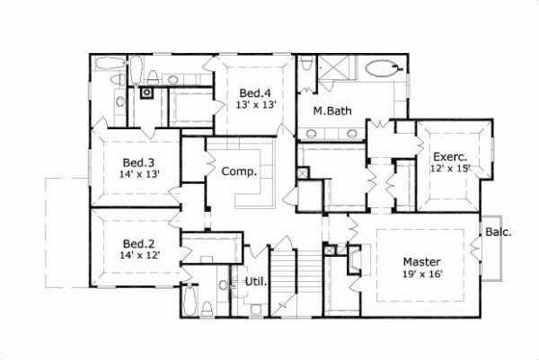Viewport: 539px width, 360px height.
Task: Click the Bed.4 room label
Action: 256,92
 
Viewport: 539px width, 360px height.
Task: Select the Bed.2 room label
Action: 139,243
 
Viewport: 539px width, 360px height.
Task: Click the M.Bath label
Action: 331,112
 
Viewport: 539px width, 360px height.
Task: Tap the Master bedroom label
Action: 421,262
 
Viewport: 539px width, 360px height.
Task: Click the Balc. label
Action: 499,233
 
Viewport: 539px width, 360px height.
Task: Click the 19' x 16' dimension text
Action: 421,276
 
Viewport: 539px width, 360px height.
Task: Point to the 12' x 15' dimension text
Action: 450,169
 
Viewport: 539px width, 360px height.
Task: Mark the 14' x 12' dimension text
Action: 139,256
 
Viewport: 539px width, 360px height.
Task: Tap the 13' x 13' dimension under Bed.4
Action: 256,105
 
